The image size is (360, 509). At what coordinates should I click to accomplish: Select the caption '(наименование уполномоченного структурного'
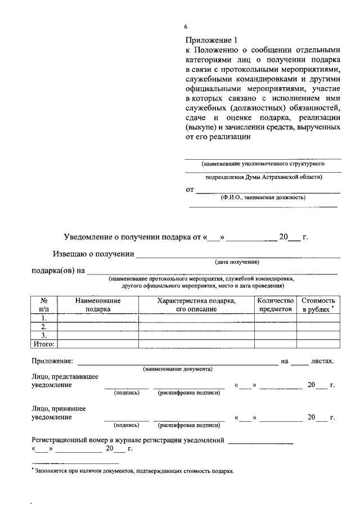pos(263,164)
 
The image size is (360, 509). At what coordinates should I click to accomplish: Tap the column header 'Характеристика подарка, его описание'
pos(196,305)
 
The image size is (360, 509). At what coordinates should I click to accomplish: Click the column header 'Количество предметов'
pos(275,305)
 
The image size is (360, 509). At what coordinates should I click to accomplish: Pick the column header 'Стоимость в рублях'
pos(318,305)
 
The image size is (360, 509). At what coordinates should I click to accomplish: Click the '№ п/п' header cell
pos(44,305)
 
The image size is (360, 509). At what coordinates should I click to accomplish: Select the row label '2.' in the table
pos(44,326)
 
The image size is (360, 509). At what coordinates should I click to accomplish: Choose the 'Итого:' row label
pos(44,343)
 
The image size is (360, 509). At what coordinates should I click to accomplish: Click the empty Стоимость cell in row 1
pos(318,318)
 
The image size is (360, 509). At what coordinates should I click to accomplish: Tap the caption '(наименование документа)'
pos(177,369)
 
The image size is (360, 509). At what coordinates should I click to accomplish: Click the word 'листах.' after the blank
pos(323,361)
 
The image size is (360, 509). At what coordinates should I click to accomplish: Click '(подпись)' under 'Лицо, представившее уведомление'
pos(127,393)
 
